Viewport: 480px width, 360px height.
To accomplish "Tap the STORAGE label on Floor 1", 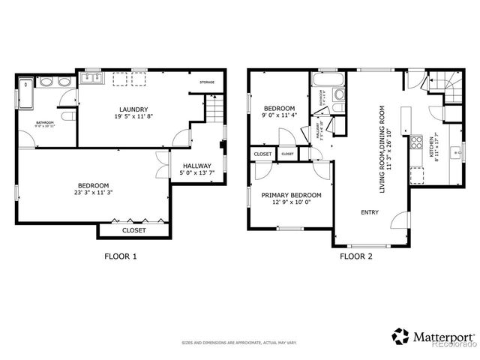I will click(207, 82).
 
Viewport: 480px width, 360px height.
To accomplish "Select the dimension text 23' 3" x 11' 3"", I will click(94, 193).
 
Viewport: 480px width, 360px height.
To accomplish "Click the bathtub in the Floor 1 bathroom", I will click(25, 93).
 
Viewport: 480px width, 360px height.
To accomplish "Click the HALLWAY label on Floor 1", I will click(196, 166).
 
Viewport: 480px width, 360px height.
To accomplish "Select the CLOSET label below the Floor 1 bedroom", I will click(134, 231).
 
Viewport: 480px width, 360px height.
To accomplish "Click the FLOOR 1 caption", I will click(119, 256).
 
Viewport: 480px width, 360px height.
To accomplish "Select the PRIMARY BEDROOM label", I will click(291, 195).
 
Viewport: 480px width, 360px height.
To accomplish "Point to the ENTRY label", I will click(370, 212).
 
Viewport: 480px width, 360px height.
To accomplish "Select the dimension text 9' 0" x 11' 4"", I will click(279, 115).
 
